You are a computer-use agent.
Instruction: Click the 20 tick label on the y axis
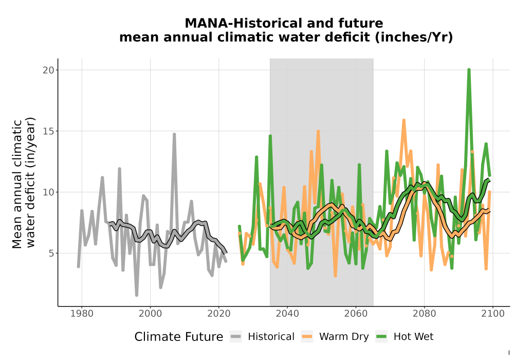pos(48,70)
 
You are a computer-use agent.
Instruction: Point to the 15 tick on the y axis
pos(48,131)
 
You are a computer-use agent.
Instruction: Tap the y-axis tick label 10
pos(48,192)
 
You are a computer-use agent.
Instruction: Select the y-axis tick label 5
pos(50,254)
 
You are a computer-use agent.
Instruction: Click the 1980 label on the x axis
pos(82,314)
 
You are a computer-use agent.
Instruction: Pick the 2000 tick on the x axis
pos(151,314)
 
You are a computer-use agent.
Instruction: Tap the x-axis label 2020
pos(219,314)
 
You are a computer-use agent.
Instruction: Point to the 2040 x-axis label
pos(287,314)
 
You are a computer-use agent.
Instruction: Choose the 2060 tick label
pos(356,314)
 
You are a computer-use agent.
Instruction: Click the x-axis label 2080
pos(424,314)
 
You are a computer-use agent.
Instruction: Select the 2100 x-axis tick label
pos(493,314)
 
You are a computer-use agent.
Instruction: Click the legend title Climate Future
pos(179,337)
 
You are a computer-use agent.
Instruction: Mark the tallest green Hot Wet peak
pos(469,69)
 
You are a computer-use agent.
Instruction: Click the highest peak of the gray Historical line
pos(174,134)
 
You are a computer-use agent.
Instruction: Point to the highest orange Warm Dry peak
pos(404,120)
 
